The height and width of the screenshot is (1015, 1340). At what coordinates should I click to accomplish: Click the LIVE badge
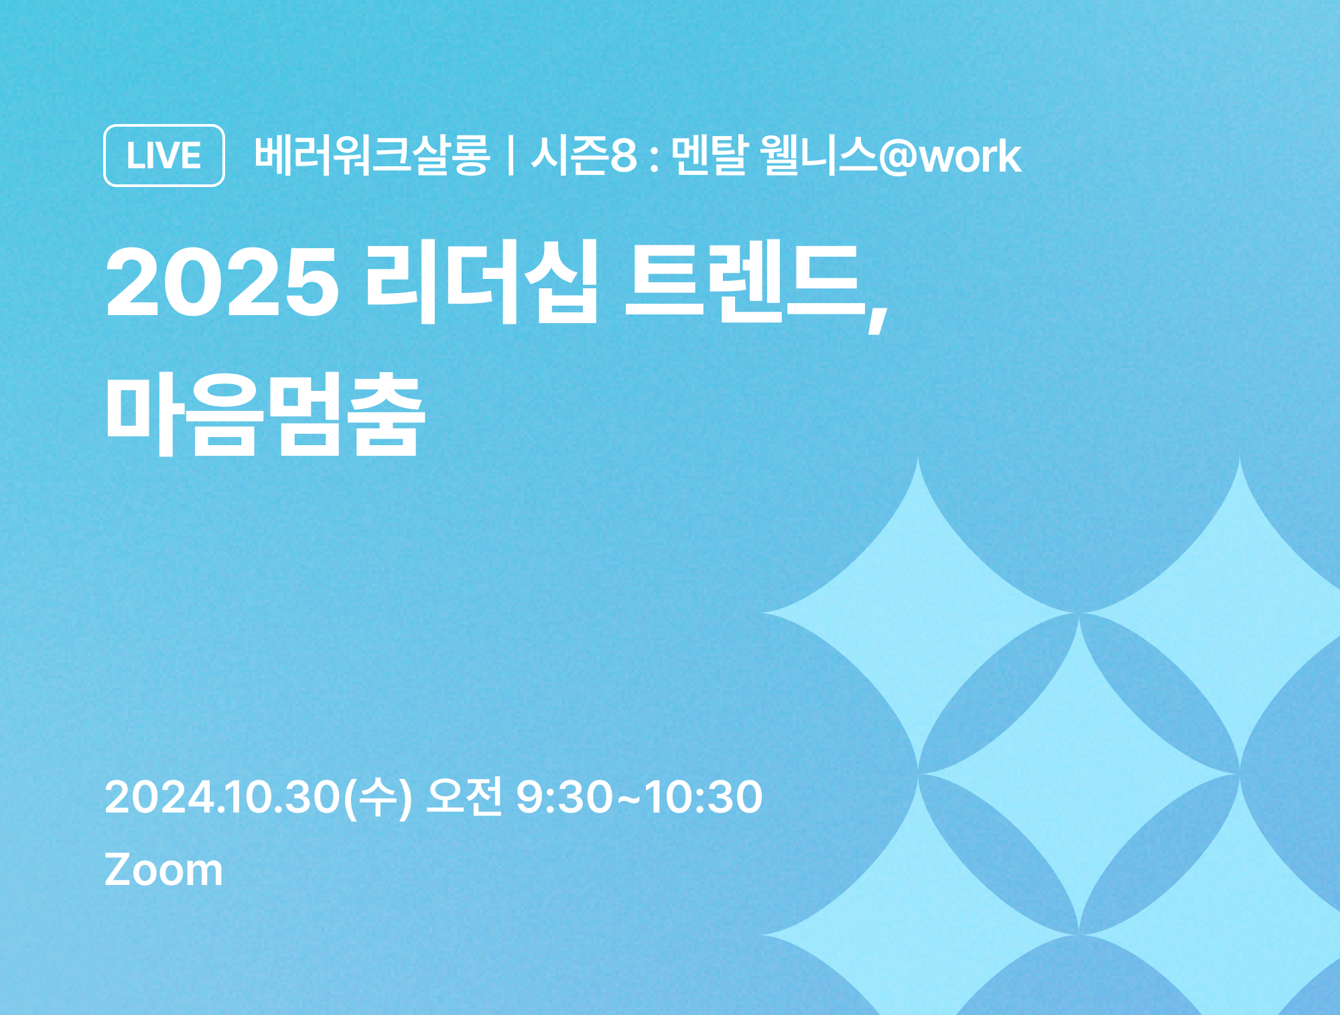tap(164, 156)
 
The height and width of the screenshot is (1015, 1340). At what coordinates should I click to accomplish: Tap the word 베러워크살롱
tap(373, 156)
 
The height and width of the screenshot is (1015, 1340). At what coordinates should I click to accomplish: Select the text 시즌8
tap(584, 156)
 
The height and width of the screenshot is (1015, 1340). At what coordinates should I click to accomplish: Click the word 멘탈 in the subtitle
tap(709, 156)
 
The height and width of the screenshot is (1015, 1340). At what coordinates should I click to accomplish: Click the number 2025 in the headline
tap(222, 282)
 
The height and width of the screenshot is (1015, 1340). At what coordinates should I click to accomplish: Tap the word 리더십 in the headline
tap(481, 282)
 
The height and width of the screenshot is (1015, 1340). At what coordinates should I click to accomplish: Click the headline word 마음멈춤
tap(265, 414)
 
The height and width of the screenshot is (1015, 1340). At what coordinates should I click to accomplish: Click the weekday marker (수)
tap(378, 798)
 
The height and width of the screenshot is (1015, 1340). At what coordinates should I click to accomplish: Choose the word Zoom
tap(163, 870)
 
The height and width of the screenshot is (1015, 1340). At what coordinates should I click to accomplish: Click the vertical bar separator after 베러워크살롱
tap(511, 156)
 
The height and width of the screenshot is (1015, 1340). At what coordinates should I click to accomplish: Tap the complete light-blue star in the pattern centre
tap(1079, 774)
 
